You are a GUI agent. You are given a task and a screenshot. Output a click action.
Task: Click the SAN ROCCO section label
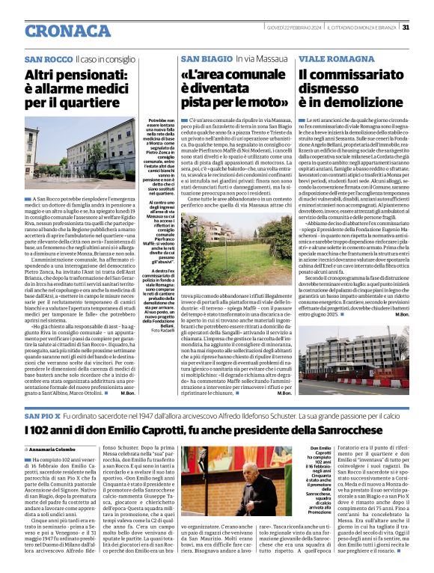48,59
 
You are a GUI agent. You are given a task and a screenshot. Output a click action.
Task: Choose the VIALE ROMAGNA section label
331,59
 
